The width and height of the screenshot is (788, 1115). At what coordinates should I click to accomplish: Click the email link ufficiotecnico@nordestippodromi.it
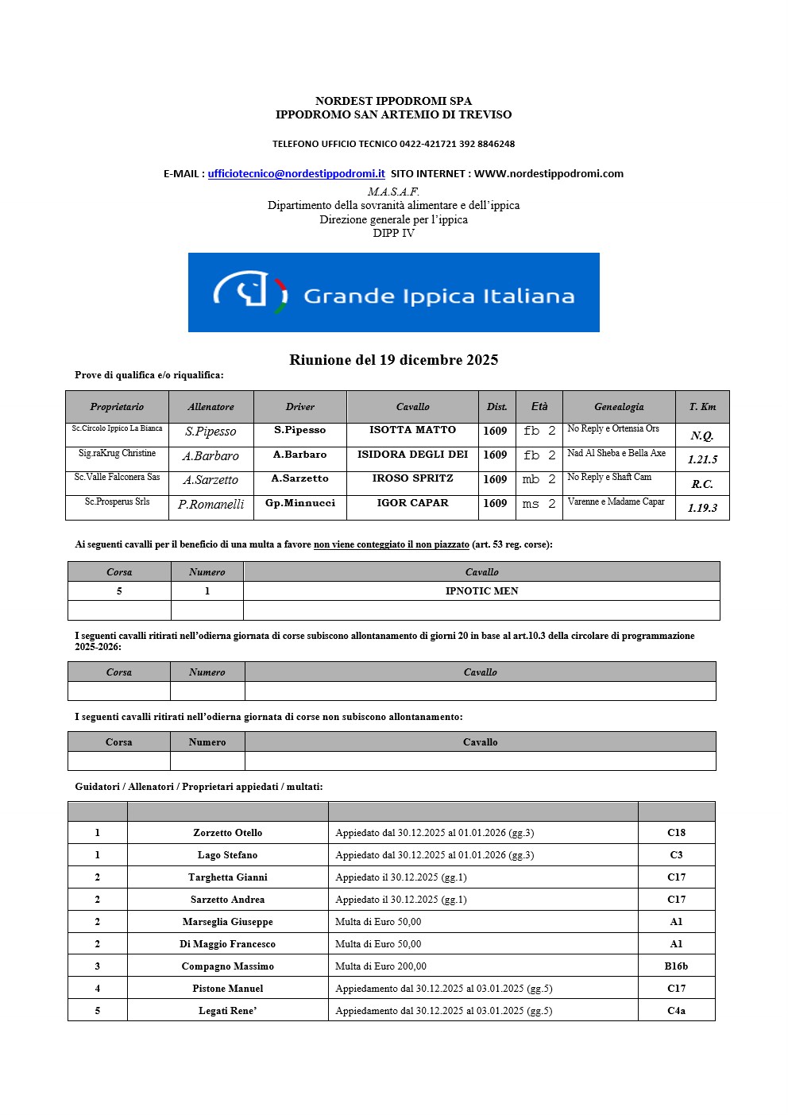296,173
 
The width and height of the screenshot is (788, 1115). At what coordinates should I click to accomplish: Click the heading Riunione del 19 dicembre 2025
393,360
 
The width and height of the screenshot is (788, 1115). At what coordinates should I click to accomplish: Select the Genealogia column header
619,407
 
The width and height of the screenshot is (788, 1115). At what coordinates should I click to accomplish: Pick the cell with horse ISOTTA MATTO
412,430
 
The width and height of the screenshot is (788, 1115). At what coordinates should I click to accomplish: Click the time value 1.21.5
702,459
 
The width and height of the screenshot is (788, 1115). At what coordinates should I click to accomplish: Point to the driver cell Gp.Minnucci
300,503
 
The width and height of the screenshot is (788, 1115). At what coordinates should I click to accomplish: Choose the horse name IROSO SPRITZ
412,478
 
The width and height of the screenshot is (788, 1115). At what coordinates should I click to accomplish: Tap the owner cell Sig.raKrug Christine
117,453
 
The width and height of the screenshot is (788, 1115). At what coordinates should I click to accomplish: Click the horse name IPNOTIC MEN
481,591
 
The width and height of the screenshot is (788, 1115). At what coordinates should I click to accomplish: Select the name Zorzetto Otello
227,833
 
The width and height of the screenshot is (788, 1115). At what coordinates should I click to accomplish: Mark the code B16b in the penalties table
676,966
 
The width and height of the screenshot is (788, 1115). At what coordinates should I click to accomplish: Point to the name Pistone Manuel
227,989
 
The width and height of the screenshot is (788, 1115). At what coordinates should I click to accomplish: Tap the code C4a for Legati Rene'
676,1011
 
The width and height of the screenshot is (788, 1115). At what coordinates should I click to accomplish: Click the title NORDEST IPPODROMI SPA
393,101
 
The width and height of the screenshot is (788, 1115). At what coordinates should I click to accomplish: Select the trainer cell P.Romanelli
211,504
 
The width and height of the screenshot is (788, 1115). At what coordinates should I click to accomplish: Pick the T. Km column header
702,407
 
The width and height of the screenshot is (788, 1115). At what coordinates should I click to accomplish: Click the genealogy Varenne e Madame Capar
616,501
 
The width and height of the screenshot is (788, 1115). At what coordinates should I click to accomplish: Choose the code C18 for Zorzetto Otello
676,833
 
